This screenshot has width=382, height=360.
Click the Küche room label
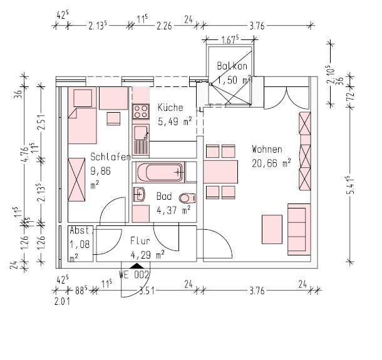(x=170, y=107)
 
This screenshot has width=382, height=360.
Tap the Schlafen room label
(x=110, y=157)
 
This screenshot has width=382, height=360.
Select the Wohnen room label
(x=267, y=150)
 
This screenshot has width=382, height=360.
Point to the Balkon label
(x=232, y=66)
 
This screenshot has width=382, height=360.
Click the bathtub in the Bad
(x=159, y=171)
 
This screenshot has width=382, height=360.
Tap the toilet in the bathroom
(x=185, y=198)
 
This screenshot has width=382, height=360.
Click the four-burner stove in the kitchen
(x=140, y=112)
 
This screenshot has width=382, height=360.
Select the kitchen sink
(x=141, y=133)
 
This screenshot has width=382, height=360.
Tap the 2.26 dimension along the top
(x=164, y=26)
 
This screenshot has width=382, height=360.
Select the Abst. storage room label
(x=81, y=230)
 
